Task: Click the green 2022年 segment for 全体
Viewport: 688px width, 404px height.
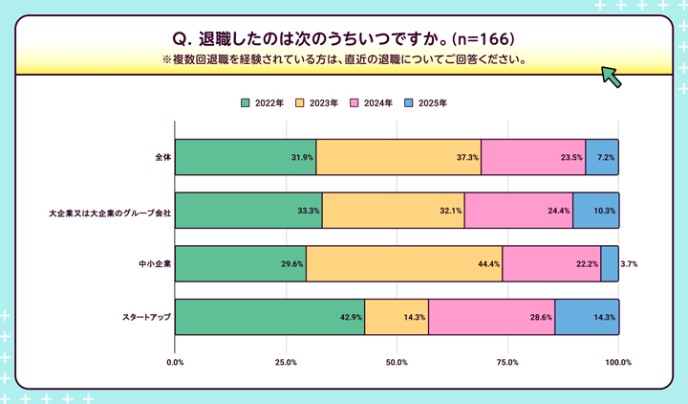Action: (246, 157)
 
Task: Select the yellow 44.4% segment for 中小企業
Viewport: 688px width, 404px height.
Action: (403, 263)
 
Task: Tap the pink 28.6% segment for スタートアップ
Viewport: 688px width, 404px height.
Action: (491, 317)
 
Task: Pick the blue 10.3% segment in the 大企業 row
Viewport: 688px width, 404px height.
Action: (595, 211)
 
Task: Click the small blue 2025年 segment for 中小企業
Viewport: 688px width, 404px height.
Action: (610, 263)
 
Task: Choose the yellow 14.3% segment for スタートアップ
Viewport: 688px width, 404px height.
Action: (397, 317)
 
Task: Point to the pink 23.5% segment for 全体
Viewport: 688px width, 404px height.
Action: (533, 157)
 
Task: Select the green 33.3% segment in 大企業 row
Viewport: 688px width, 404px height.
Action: (248, 211)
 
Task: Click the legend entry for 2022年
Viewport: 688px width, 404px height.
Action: (263, 102)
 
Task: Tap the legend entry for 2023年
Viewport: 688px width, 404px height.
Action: (317, 102)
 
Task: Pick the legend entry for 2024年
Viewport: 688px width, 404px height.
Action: (372, 102)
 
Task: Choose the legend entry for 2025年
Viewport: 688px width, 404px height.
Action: (426, 102)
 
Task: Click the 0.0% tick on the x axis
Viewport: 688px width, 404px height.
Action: (176, 362)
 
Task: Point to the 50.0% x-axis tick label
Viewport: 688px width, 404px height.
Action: (397, 362)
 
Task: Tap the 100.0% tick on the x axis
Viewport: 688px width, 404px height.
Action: (618, 362)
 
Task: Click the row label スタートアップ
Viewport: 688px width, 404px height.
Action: (146, 317)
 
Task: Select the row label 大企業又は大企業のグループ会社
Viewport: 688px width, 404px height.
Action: (110, 211)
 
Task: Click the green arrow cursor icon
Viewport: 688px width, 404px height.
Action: (611, 77)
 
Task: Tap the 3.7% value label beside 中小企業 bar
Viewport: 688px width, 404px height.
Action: (630, 263)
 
